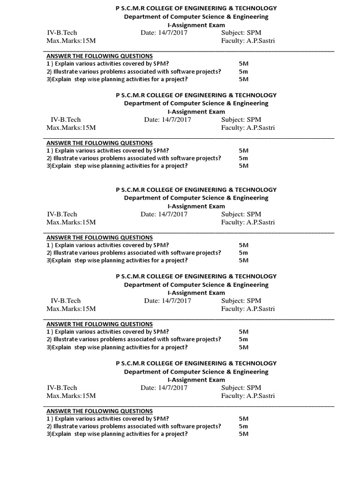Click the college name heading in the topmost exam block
[x=196, y=8]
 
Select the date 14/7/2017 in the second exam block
[x=167, y=120]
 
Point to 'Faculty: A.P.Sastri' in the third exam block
[x=248, y=222]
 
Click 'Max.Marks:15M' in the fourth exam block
[x=71, y=309]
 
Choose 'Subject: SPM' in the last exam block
[x=241, y=388]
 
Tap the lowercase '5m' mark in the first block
[x=243, y=72]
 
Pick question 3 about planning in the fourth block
[x=117, y=347]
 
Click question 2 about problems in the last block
[x=134, y=426]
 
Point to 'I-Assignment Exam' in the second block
[x=196, y=112]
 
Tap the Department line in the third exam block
[x=196, y=198]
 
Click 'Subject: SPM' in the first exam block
[x=241, y=33]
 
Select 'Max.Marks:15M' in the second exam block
[x=71, y=127]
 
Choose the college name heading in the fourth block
[x=196, y=277]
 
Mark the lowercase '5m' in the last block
[x=243, y=426]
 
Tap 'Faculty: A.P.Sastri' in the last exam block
[x=248, y=396]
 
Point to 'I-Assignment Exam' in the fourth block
[x=196, y=293]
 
